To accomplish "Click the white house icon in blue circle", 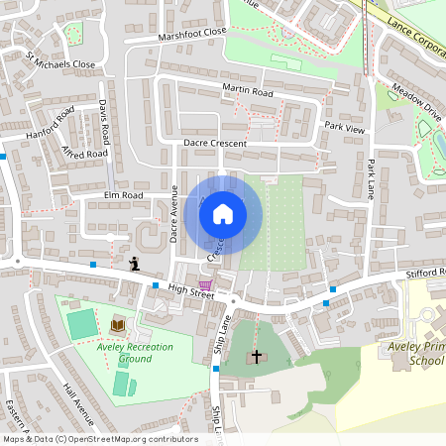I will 223,213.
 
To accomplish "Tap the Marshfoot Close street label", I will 192,35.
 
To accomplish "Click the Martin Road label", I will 247,90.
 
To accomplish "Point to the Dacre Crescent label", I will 214,143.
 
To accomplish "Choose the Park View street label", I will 345,128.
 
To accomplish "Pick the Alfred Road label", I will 84,155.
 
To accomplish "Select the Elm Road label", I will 123,196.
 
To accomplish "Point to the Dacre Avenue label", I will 173,213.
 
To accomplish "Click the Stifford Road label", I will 427,274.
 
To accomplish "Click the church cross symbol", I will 257,355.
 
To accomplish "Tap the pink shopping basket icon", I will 205,283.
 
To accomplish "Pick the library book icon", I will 118,325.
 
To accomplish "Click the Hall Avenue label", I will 78,402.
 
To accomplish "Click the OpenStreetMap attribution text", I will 100,439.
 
